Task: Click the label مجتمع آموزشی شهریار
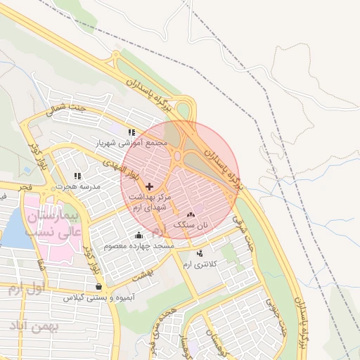tap(132, 142)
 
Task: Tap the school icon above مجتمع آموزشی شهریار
tap(131, 131)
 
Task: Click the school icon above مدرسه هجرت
tap(77, 176)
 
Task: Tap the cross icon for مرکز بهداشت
tap(148, 186)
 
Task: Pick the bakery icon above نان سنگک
tap(191, 214)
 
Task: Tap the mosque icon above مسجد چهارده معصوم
tap(139, 236)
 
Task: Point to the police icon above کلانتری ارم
tap(200, 253)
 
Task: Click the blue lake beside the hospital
tap(13, 229)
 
